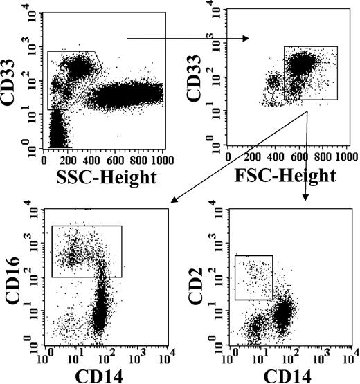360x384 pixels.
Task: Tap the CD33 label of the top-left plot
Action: (x=12, y=77)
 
